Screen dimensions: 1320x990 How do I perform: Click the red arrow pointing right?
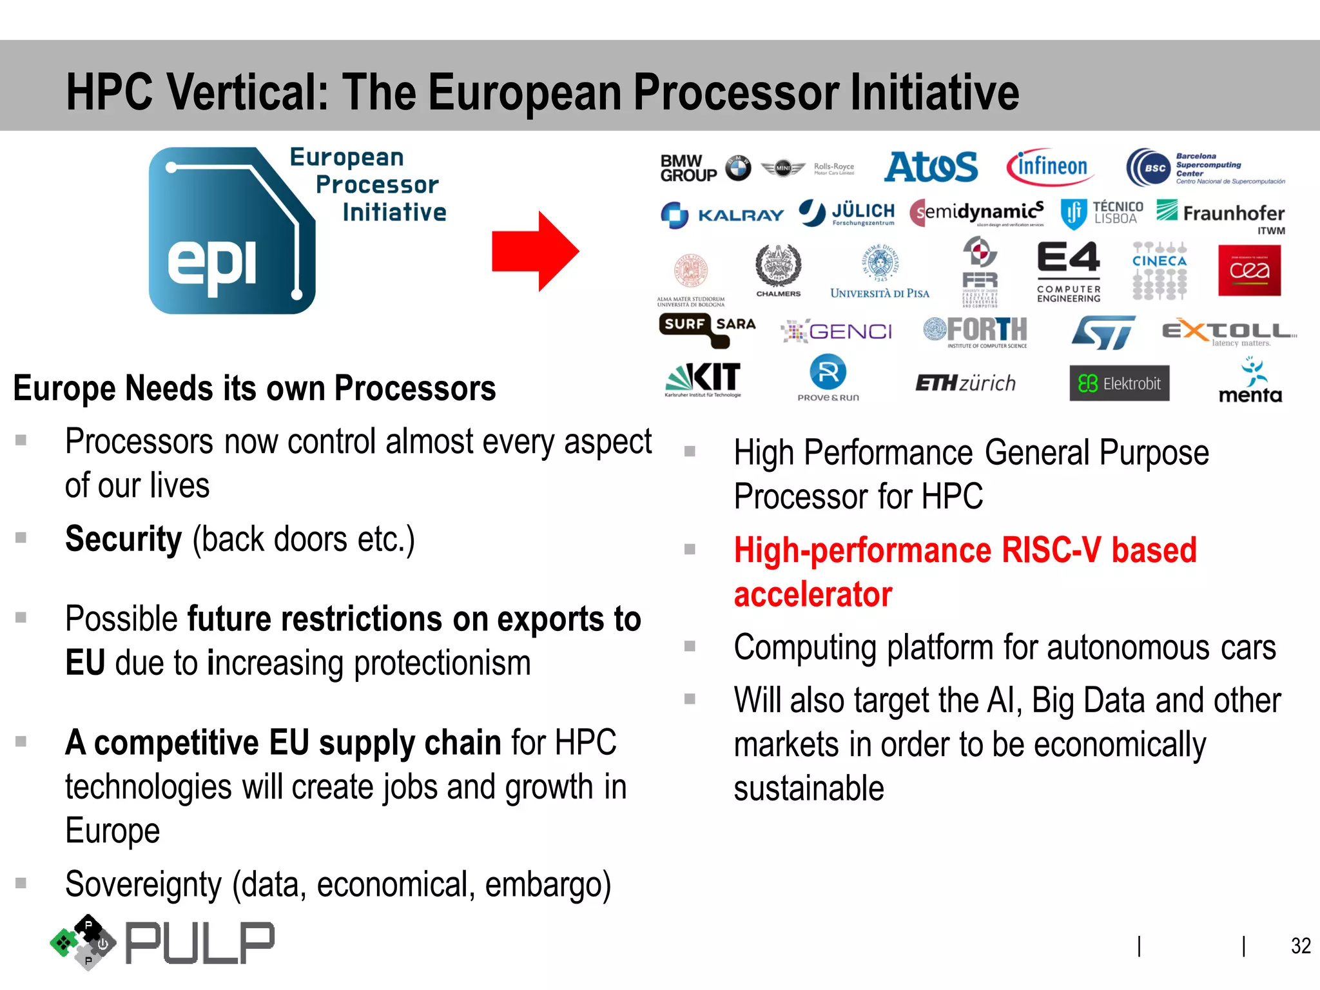pyautogui.click(x=535, y=251)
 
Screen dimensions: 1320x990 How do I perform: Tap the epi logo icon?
pyautogui.click(x=232, y=231)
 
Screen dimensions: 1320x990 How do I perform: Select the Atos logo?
pyautogui.click(x=930, y=167)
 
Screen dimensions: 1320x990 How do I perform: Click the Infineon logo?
pyautogui.click(x=1051, y=167)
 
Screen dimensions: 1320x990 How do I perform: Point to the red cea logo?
pyautogui.click(x=1249, y=271)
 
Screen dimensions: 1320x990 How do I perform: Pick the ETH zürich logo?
pyautogui.click(x=965, y=383)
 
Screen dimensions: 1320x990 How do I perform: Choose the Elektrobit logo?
pyautogui.click(x=1119, y=383)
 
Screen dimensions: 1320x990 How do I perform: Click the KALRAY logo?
pyautogui.click(x=722, y=215)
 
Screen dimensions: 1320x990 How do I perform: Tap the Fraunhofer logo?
pyautogui.click(x=1220, y=214)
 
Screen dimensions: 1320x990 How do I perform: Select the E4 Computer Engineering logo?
pyautogui.click(x=1068, y=271)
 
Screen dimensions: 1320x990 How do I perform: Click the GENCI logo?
pyautogui.click(x=837, y=332)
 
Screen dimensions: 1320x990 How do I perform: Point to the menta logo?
pyautogui.click(x=1250, y=382)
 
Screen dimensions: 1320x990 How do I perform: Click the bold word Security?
pyautogui.click(x=123, y=539)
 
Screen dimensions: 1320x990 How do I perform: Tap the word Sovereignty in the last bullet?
pyautogui.click(x=143, y=884)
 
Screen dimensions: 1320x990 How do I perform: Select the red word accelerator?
pyautogui.click(x=813, y=594)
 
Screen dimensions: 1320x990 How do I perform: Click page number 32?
pyautogui.click(x=1300, y=946)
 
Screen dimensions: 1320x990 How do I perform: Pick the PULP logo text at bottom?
pyautogui.click(x=199, y=944)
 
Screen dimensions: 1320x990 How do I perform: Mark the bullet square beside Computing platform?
pyautogui.click(x=690, y=646)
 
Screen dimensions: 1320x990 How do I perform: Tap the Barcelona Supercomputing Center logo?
pyautogui.click(x=1204, y=168)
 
